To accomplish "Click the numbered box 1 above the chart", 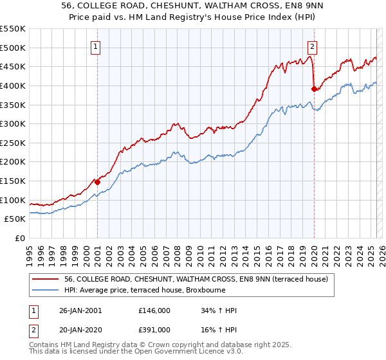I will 96,46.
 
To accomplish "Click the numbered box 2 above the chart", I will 312,46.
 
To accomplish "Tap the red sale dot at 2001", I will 97,182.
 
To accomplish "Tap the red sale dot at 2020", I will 314,89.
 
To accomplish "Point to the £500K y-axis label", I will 13,48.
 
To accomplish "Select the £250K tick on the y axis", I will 13,143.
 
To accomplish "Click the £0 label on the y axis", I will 21,238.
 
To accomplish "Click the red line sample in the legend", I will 46,279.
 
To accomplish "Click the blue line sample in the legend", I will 46,290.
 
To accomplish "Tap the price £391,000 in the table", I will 154,328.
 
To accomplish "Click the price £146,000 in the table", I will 154,310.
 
